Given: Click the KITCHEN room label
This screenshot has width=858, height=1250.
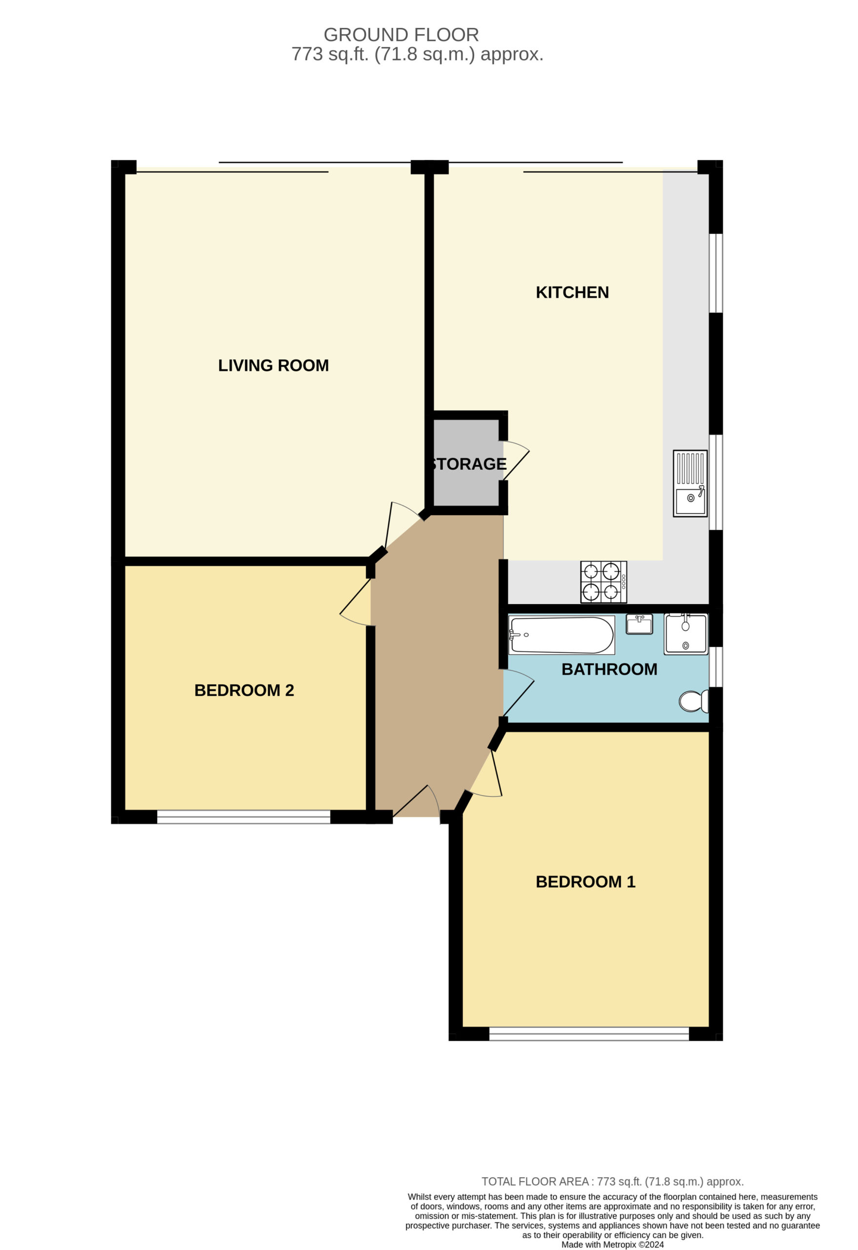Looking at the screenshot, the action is [x=572, y=292].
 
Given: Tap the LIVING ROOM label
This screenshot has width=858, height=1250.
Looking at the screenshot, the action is [x=273, y=366].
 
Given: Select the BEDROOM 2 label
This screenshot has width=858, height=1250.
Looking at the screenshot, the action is [x=244, y=690].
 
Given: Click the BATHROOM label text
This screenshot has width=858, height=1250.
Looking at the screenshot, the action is [x=609, y=669].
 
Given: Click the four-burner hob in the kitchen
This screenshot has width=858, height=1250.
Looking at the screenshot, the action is [x=604, y=582].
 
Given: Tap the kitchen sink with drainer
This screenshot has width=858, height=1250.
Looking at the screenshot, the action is [x=690, y=483].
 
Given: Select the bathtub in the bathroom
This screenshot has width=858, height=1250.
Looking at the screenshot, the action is [x=562, y=635].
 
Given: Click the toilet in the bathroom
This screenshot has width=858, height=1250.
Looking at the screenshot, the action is [x=694, y=701].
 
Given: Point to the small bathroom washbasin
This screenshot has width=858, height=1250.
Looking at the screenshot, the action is [x=640, y=625].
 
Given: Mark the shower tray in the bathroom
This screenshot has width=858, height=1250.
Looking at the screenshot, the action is [x=686, y=634].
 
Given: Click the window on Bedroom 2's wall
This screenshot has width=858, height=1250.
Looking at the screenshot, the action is [x=244, y=817].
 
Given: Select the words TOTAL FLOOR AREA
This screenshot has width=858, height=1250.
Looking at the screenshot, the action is [x=535, y=1182].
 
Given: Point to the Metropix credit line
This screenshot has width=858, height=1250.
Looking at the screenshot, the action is [x=613, y=1245].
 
